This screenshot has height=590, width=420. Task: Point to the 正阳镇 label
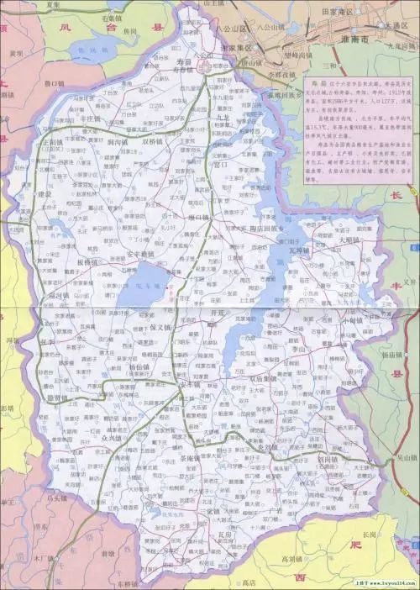[56, 144]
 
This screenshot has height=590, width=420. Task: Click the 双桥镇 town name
[155, 143]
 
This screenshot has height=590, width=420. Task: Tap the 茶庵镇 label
[191, 459]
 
